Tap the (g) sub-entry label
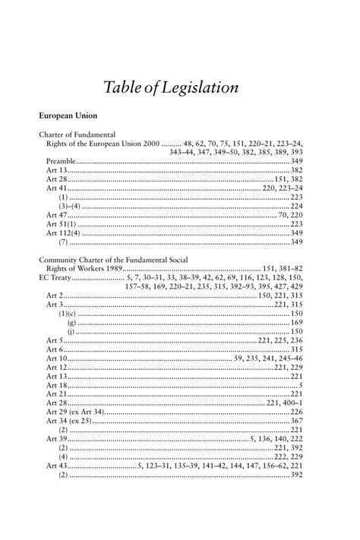tap(71, 323)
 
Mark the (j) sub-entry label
tap(71, 332)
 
